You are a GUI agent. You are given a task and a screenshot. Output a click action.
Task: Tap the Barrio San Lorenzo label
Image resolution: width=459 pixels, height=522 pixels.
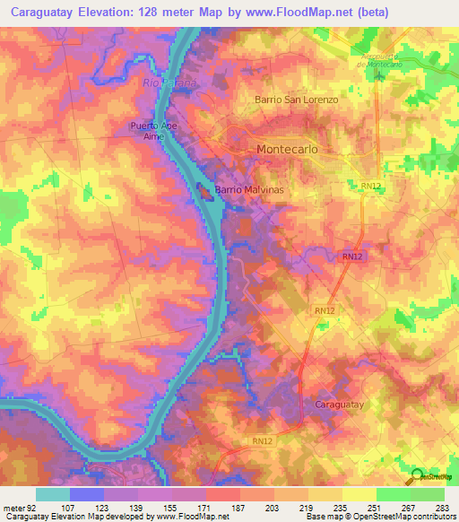(297, 100)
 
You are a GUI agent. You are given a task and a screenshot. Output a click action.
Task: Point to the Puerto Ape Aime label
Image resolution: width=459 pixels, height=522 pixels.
(154, 131)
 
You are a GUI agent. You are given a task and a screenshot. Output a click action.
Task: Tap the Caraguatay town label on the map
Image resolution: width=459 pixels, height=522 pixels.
(341, 405)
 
